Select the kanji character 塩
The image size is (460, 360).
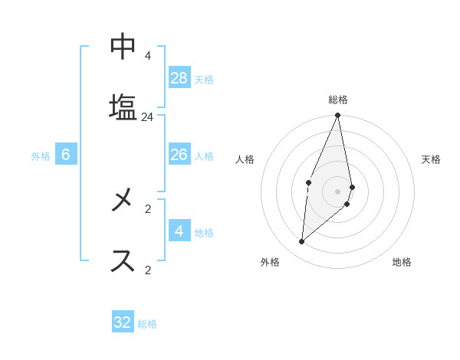point(123,106)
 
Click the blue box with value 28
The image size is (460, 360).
point(179,78)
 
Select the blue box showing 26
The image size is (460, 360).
point(179,155)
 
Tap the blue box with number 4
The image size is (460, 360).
point(179,231)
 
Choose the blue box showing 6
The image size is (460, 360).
point(66,155)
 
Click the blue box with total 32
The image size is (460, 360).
point(123,322)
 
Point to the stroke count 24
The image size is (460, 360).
point(147,117)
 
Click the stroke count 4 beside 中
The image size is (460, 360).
point(147,56)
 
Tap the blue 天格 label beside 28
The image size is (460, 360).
point(203,80)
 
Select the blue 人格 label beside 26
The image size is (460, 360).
point(203,156)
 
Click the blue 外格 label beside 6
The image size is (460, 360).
point(41,156)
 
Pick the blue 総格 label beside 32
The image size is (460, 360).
point(147,324)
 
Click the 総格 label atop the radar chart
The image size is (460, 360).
point(338,100)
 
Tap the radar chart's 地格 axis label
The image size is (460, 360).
point(402,263)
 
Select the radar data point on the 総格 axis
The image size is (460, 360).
point(337,116)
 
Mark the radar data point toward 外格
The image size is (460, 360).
point(302,241)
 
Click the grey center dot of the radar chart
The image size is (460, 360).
point(337,191)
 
